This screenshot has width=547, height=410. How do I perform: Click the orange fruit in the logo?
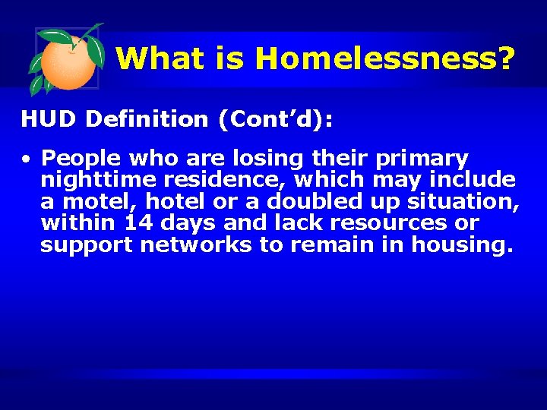[68, 63]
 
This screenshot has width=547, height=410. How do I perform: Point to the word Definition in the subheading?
[147, 118]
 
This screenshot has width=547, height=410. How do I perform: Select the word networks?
[181, 245]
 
